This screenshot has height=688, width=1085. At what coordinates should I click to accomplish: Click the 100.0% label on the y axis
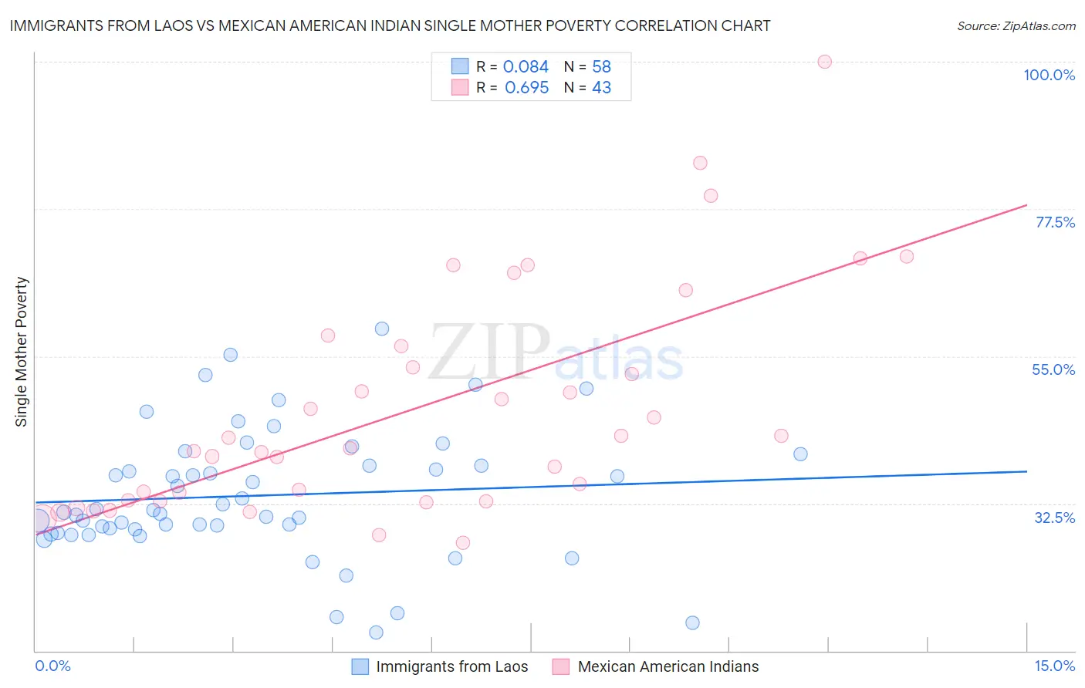coord(1049,75)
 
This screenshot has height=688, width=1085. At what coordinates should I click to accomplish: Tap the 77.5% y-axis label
coord(1055,222)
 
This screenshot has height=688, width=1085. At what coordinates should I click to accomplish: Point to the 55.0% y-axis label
coord(1053,369)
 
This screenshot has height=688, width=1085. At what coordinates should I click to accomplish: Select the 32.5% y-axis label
coord(1054,518)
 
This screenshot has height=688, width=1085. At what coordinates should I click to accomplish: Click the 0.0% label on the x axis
coord(52,666)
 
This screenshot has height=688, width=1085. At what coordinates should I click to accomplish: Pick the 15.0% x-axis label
coord(1054,666)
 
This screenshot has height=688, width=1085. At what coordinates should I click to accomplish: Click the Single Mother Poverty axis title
coord(22,352)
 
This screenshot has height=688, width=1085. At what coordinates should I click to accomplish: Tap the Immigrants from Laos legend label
coord(451,666)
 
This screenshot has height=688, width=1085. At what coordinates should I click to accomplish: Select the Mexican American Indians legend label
coord(668,666)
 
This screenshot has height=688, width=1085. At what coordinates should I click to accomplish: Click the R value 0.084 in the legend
coord(526,67)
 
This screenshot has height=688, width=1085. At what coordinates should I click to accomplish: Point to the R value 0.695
coord(526,88)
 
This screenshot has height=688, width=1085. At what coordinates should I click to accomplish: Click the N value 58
coord(601,67)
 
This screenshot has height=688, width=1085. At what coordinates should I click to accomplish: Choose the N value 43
coord(601,88)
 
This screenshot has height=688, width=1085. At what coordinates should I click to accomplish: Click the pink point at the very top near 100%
coord(824,62)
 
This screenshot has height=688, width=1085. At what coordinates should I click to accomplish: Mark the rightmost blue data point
coord(800,454)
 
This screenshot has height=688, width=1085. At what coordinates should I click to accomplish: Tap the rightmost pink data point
coord(907,256)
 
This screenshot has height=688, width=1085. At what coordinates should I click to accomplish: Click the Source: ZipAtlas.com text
coord(1016,26)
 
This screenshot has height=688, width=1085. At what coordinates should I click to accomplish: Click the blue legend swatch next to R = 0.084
coord(460,66)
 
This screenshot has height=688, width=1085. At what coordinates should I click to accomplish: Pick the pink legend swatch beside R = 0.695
coord(460,87)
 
